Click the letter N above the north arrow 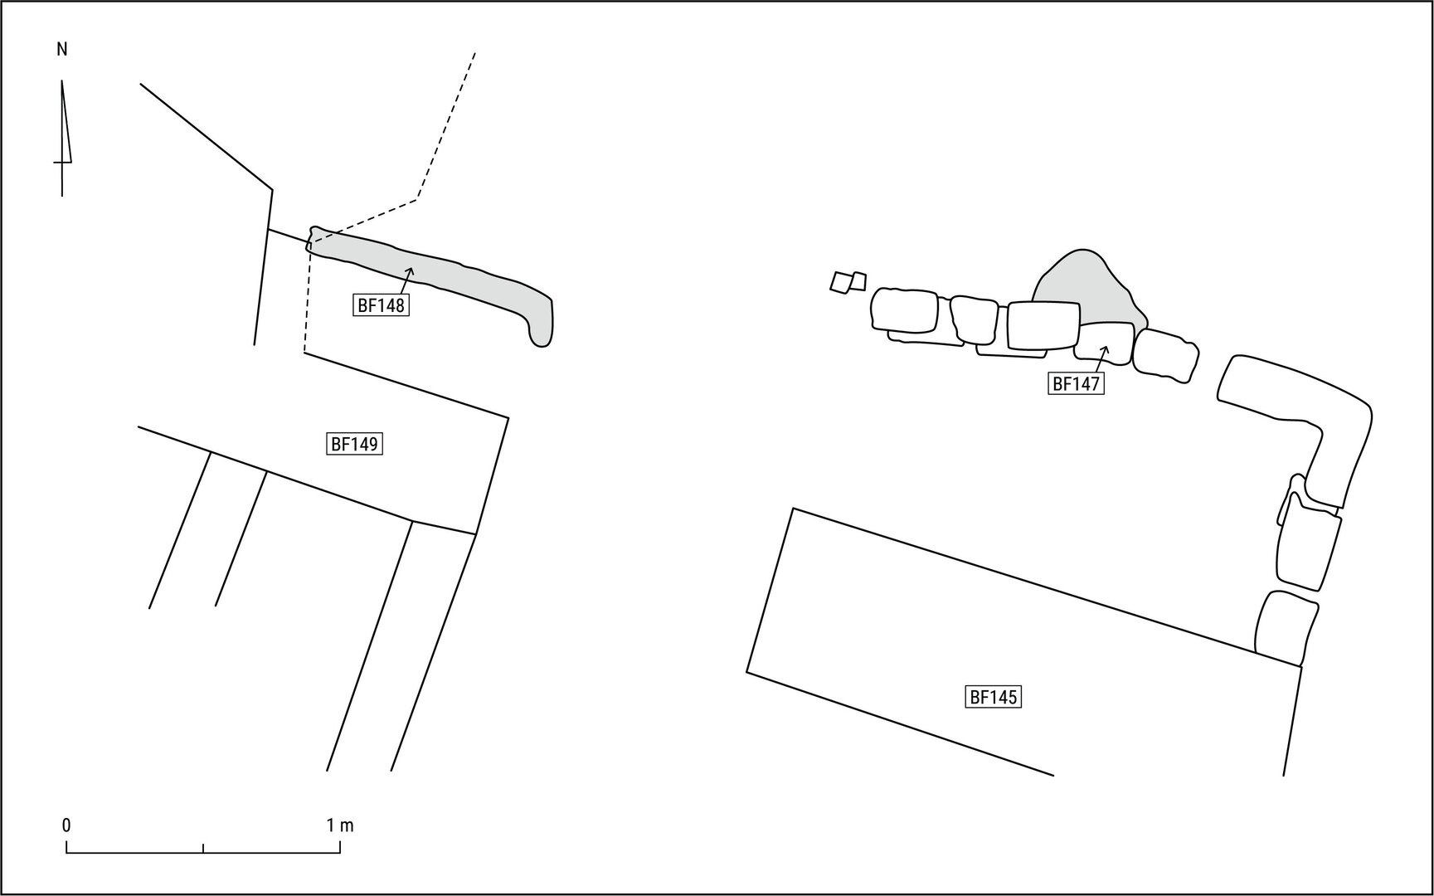[62, 50]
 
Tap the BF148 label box [381, 305]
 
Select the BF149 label [354, 444]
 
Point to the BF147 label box [1076, 383]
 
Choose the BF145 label [993, 697]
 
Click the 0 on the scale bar [66, 825]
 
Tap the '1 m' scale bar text [340, 825]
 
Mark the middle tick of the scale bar [203, 847]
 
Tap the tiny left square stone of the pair [841, 282]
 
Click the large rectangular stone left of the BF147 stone [1043, 326]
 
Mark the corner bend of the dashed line [416, 199]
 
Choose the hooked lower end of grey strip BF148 [541, 328]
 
